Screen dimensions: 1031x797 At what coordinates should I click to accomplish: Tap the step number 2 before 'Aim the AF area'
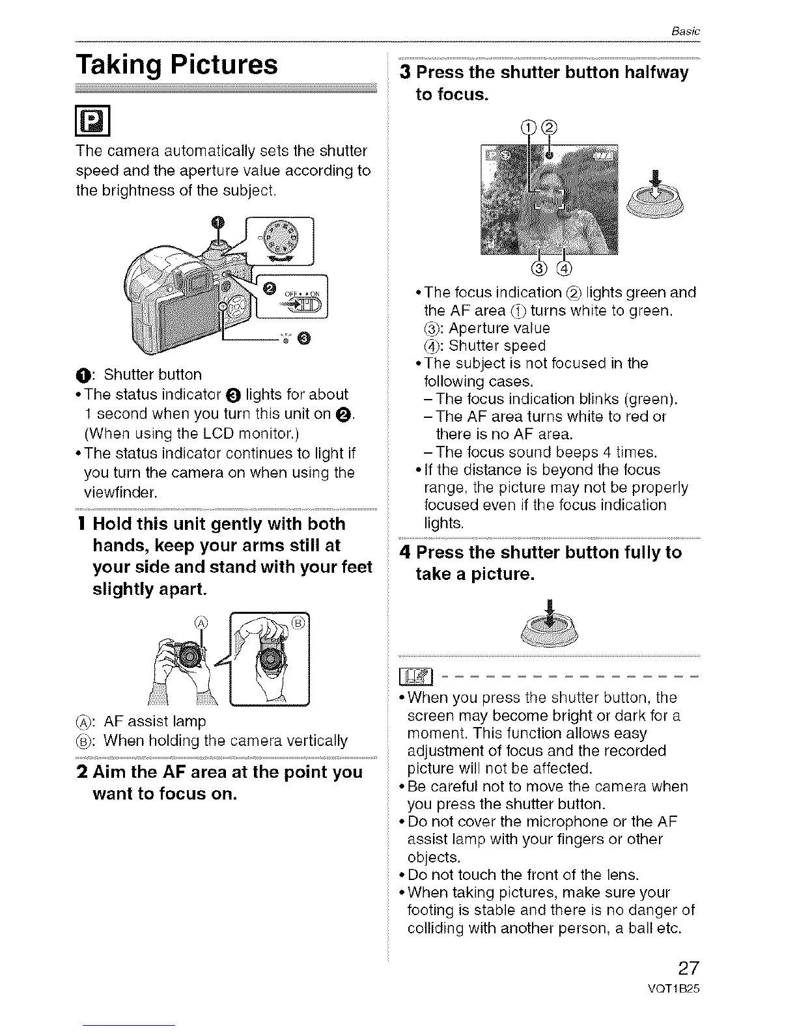(82, 773)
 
